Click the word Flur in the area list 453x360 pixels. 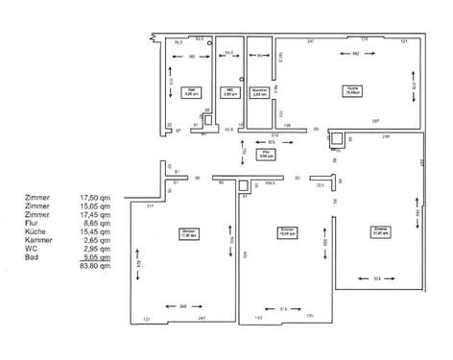(x=33, y=221)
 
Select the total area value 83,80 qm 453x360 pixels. (x=96, y=266)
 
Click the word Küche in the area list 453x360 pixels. (x=36, y=230)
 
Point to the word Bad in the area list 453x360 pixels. (x=32, y=257)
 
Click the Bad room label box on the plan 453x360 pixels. (x=190, y=93)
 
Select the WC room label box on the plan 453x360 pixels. (x=228, y=93)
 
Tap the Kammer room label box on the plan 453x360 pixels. (x=258, y=94)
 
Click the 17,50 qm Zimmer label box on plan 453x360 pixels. (x=186, y=233)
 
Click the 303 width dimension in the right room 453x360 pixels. (x=377, y=277)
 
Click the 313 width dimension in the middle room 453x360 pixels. (x=284, y=308)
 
